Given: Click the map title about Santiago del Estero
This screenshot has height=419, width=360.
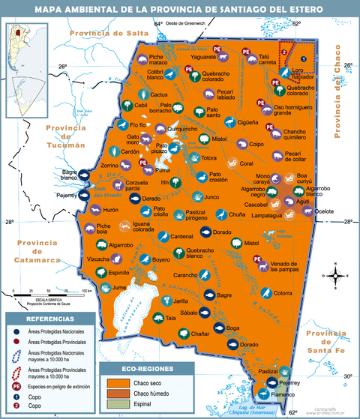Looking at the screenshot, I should (x=180, y=8).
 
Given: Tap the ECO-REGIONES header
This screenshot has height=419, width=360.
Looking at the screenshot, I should (x=148, y=370).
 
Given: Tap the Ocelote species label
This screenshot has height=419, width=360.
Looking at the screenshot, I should (x=324, y=211).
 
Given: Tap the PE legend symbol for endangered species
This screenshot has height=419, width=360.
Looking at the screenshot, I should (x=16, y=385).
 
